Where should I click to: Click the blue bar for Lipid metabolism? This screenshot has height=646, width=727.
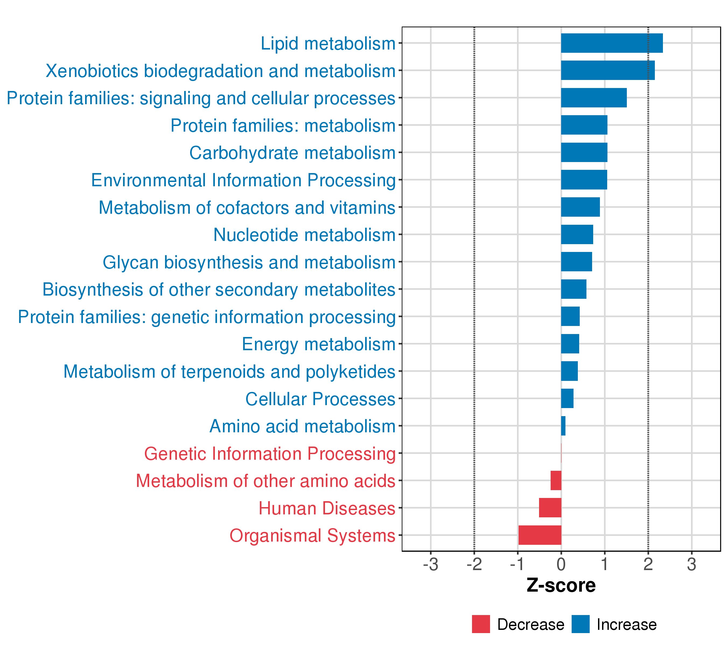[611, 43]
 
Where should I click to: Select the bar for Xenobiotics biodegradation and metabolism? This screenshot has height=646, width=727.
[607, 71]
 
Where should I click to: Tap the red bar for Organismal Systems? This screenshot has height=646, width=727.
[540, 535]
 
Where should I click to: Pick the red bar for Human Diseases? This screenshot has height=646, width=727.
[550, 507]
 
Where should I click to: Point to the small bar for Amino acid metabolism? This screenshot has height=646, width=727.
[563, 426]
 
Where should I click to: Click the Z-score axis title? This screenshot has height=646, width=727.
[561, 585]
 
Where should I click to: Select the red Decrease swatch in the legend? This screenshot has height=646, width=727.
[481, 624]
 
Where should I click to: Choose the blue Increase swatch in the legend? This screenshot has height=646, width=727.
[581, 624]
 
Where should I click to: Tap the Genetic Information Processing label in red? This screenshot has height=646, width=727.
[270, 454]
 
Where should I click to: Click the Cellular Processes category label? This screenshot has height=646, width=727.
[320, 399]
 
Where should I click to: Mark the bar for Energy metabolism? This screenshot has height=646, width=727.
[570, 343]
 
